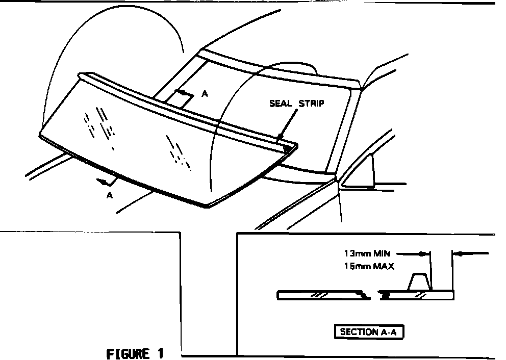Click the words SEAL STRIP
click(x=297, y=104)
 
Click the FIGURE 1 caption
click(x=136, y=353)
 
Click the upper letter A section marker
click(x=205, y=94)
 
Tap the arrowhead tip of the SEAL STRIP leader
click(x=280, y=137)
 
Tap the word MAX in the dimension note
click(x=384, y=266)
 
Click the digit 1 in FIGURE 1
click(x=161, y=353)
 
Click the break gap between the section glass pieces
click(x=373, y=295)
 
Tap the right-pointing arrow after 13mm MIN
click(x=422, y=253)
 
